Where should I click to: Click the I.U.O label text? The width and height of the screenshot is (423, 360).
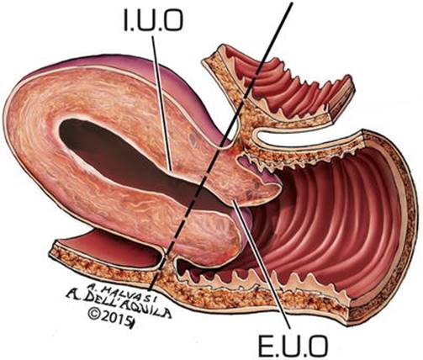pos(153,21)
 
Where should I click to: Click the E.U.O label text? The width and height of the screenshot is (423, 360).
pos(293,347)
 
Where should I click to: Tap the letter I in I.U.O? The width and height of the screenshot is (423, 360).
pos(126,21)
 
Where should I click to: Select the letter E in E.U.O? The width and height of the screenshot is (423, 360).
pos(265,347)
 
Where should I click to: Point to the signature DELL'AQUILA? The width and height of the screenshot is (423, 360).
pos(124,304)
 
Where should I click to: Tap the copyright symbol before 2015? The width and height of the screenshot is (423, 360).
pos(95,314)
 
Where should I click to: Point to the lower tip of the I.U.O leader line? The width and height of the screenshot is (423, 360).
pos(171,170)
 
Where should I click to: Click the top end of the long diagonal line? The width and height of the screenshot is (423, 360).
pos(292,1)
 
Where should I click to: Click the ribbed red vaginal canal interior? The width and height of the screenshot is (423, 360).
pos(330,225)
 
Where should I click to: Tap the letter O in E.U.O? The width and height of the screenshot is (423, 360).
pos(318,347)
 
